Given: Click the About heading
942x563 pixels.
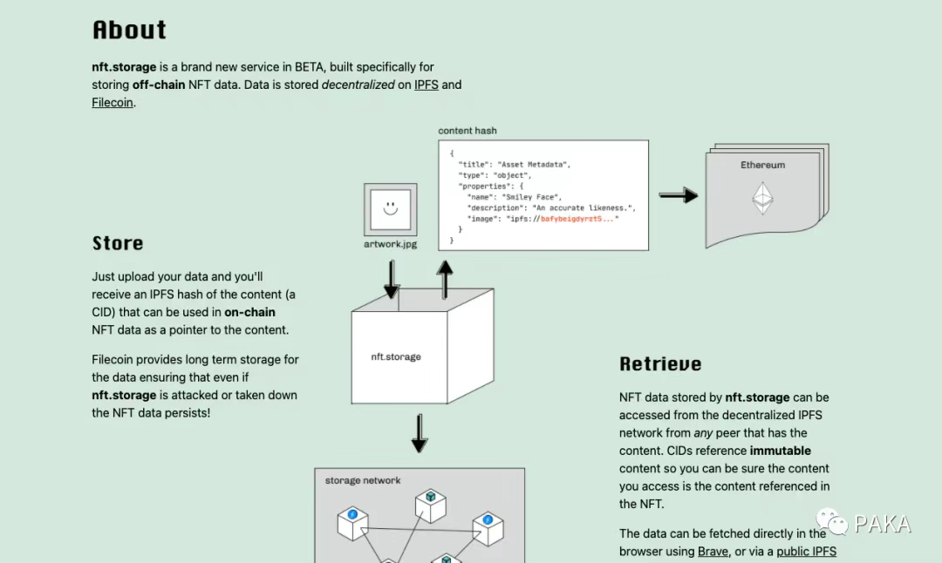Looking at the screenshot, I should (x=129, y=30).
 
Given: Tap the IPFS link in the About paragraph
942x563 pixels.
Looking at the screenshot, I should (x=426, y=85).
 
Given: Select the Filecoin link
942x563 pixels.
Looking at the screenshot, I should (x=113, y=102).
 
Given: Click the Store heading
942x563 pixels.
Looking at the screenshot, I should (x=118, y=243).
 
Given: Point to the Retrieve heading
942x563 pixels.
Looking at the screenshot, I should (x=660, y=364).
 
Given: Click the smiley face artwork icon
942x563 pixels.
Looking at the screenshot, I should (x=390, y=209).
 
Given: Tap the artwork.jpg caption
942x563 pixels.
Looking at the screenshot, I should (x=390, y=244).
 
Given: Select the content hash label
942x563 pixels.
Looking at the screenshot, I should (x=468, y=131).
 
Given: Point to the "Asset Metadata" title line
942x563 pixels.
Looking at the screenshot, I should (x=515, y=164).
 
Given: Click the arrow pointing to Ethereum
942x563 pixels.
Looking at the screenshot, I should (x=678, y=195).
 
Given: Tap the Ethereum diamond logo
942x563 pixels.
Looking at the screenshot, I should (x=763, y=198).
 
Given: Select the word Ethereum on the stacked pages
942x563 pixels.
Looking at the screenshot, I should (x=763, y=165).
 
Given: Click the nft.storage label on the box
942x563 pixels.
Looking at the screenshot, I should (x=396, y=356).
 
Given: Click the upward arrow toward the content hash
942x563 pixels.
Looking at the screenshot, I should (x=445, y=279).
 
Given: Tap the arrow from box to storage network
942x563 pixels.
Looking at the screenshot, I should (x=420, y=433).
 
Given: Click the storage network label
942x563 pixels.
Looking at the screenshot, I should (x=363, y=480).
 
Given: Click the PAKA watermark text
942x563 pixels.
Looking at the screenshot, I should (x=883, y=524).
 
